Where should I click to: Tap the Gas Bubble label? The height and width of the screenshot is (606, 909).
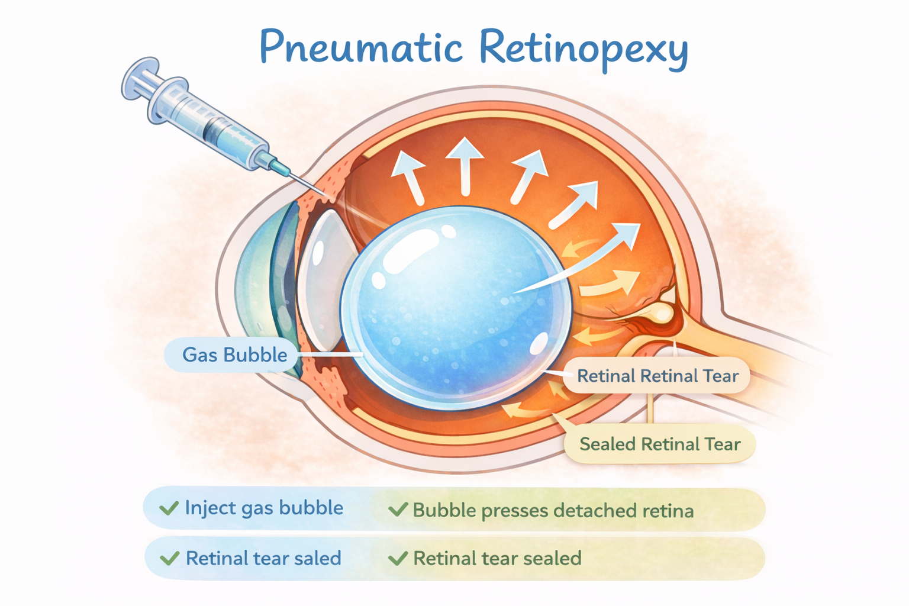coord(234,355)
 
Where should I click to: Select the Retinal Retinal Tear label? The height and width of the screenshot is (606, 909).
coord(657,376)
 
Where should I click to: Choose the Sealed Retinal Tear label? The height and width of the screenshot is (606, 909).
coord(660,444)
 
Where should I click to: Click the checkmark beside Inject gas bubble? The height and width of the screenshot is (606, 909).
coord(169,508)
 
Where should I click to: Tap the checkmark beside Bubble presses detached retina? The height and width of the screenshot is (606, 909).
coord(398,510)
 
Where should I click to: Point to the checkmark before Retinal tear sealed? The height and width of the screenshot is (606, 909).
coord(398,558)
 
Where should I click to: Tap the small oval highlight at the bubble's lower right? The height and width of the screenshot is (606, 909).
coord(539,344)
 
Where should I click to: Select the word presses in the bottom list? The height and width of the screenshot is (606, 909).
coord(514,511)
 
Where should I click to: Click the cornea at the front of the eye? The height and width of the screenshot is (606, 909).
coord(252,284)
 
